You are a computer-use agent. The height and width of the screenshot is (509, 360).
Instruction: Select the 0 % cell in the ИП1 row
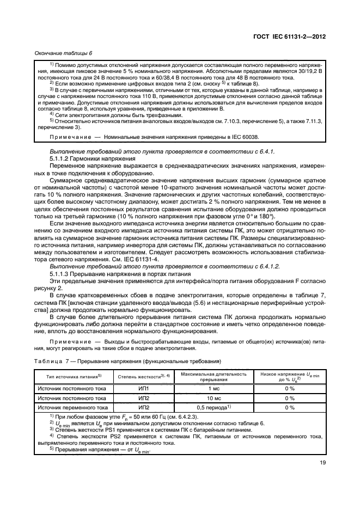[290, 389]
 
